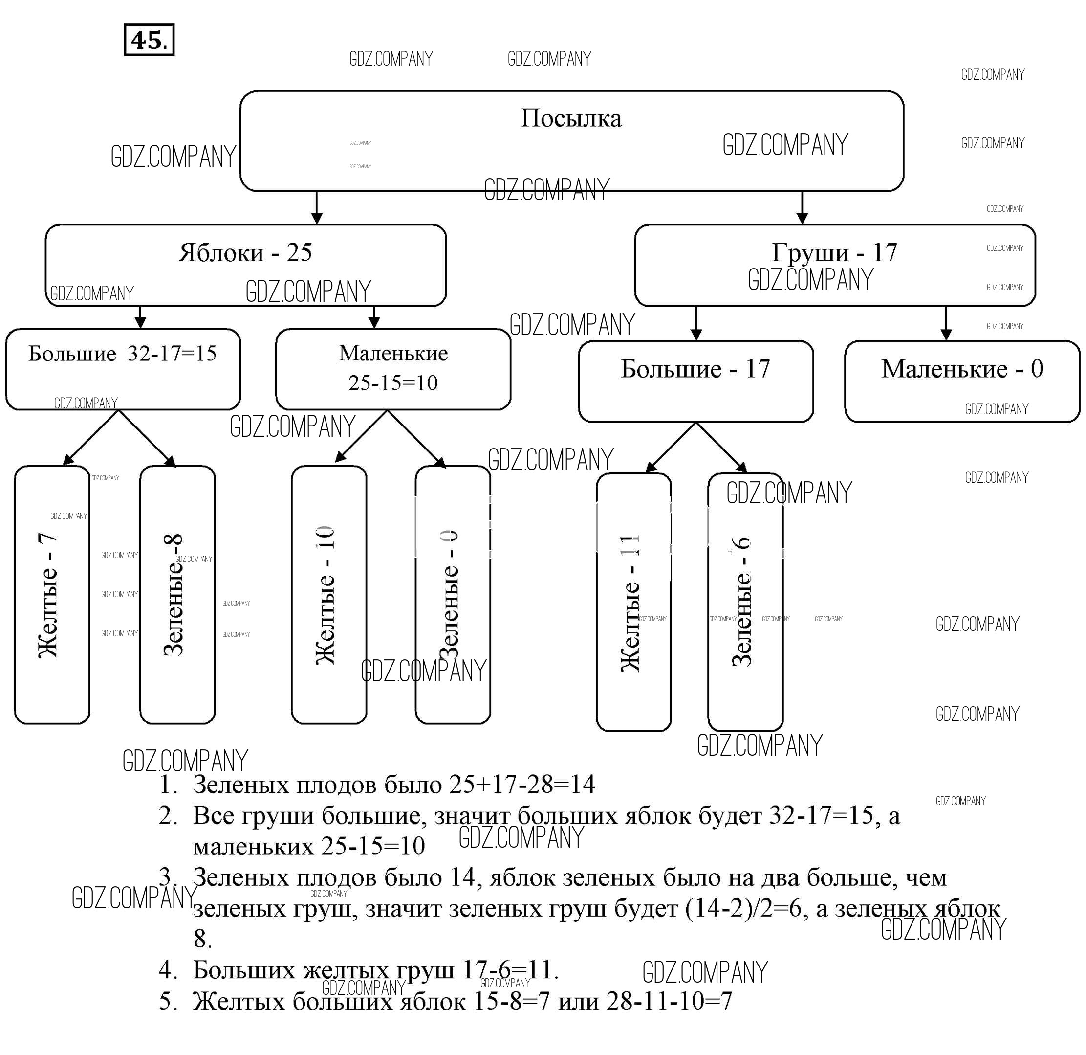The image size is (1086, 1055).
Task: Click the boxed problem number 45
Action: pyautogui.click(x=149, y=40)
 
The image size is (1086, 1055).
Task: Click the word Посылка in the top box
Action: pyautogui.click(x=571, y=118)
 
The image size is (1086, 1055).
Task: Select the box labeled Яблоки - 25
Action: pyautogui.click(x=245, y=265)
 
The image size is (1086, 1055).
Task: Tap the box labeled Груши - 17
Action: pyautogui.click(x=834, y=265)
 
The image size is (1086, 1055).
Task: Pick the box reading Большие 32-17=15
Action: pyautogui.click(x=123, y=369)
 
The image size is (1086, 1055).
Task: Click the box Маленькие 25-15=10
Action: pyautogui.click(x=393, y=369)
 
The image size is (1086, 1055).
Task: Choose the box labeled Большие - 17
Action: pyautogui.click(x=695, y=381)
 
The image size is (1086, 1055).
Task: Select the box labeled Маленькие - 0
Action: pyautogui.click(x=962, y=381)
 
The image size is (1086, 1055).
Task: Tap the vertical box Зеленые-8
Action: pyautogui.click(x=177, y=594)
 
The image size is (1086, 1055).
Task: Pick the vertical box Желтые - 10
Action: pyautogui.click(x=328, y=594)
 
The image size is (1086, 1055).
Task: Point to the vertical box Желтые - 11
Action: pyautogui.click(x=633, y=602)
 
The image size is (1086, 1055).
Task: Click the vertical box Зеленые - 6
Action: pyautogui.click(x=745, y=602)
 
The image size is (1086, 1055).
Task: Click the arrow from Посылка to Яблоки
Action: pyautogui.click(x=316, y=207)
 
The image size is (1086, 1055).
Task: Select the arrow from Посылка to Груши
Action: pyautogui.click(x=802, y=207)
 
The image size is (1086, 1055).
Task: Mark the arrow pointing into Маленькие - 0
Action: pyautogui.click(x=946, y=323)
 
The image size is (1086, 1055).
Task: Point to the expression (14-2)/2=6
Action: pyautogui.click(x=743, y=909)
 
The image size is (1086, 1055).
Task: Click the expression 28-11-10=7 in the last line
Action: pyautogui.click(x=669, y=1001)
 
